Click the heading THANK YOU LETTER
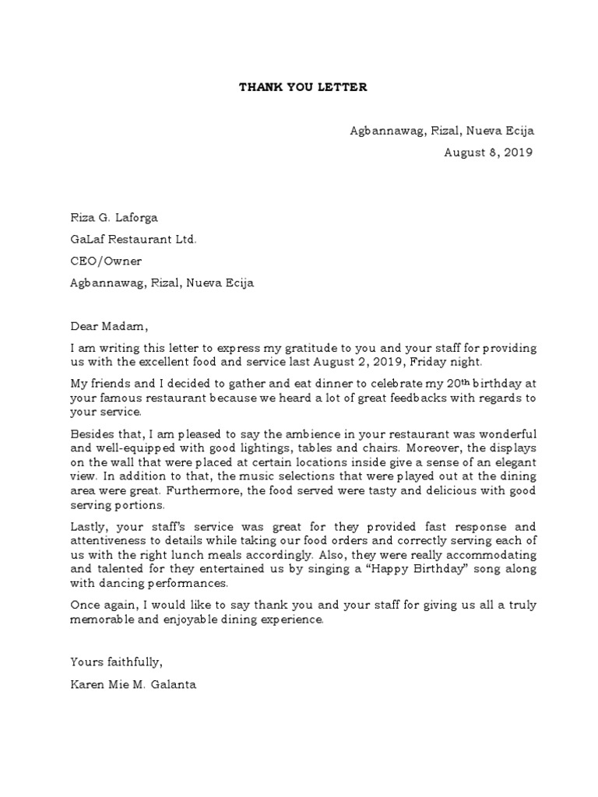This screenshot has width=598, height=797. click(302, 87)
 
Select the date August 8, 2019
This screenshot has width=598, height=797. click(488, 153)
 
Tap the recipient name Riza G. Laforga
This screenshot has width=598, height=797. click(118, 218)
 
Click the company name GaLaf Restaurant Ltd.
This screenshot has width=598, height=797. click(133, 240)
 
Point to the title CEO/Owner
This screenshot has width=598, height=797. click(106, 262)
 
